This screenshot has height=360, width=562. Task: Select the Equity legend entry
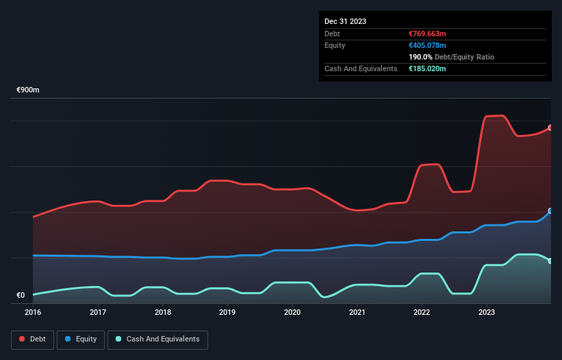pyautogui.click(x=81, y=339)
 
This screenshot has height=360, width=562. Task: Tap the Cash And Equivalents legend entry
pyautogui.click(x=157, y=339)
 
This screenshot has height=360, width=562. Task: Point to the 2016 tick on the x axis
pyautogui.click(x=33, y=313)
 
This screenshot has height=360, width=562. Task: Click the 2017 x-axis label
pyautogui.click(x=98, y=313)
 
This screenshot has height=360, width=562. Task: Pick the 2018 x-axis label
pyautogui.click(x=163, y=313)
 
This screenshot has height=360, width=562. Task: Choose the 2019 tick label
pyautogui.click(x=227, y=313)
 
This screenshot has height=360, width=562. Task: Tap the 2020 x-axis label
pyautogui.click(x=292, y=313)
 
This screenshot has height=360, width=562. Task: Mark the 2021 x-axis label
pyautogui.click(x=357, y=313)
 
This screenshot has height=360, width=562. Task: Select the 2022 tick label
pyautogui.click(x=422, y=313)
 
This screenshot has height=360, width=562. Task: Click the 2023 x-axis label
pyautogui.click(x=487, y=313)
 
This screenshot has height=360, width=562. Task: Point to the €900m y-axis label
pyautogui.click(x=29, y=90)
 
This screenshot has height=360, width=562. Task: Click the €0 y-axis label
pyautogui.click(x=21, y=296)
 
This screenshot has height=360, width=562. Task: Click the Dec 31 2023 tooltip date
pyautogui.click(x=345, y=21)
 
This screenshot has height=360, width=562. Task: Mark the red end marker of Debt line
pyautogui.click(x=550, y=127)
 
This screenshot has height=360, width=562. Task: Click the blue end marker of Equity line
pyautogui.click(x=550, y=211)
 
